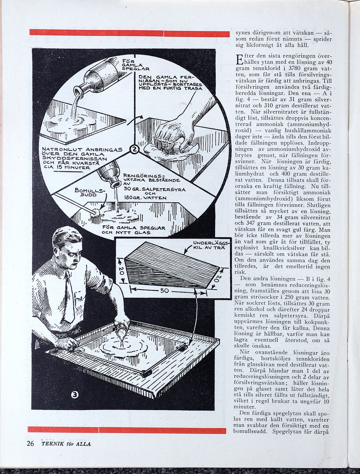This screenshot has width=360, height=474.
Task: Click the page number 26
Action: coord(30,444)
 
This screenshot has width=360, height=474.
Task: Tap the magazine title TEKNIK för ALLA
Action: coord(66,444)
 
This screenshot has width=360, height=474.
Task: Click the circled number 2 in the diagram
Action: coord(134,150)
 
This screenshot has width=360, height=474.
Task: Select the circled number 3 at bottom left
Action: coord(75,395)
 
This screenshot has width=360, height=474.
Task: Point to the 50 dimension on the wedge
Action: coord(164,290)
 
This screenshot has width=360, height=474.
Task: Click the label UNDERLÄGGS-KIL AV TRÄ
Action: coord(210,245)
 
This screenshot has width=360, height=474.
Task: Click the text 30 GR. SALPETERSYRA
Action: coord(154,190)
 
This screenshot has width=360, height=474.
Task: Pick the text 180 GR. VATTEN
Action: coord(145,198)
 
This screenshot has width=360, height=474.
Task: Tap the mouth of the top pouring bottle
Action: coord(78,92)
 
